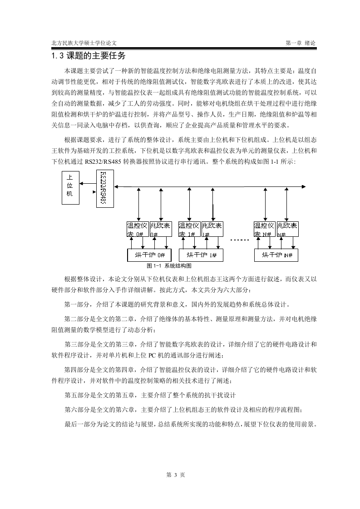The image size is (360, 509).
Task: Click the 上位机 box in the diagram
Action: click(x=70, y=188)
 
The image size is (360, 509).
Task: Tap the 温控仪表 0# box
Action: click(x=138, y=229)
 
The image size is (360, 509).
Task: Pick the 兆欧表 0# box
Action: click(x=160, y=229)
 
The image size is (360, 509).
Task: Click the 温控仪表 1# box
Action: click(x=189, y=229)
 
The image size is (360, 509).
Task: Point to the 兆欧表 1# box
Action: click(x=212, y=229)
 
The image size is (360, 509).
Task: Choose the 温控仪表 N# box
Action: click(x=265, y=229)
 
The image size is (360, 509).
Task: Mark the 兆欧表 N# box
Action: click(x=287, y=229)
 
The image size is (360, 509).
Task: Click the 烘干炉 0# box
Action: click(x=149, y=255)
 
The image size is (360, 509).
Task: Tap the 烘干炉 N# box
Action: click(x=276, y=255)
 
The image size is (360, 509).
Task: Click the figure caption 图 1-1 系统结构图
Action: click(x=169, y=266)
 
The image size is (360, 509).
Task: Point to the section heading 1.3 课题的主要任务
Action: click(x=89, y=56)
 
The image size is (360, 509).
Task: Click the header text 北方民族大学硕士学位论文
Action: click(x=84, y=43)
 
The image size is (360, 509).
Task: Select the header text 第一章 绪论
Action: click(x=300, y=43)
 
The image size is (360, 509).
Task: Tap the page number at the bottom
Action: click(x=175, y=475)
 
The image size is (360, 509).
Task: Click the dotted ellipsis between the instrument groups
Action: click(x=239, y=240)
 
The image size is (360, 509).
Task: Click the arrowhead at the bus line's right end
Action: click(x=303, y=186)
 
